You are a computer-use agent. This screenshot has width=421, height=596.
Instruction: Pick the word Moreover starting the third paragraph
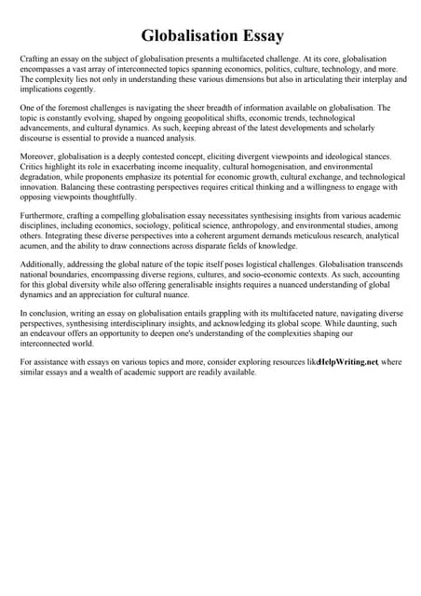(x=38, y=156)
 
